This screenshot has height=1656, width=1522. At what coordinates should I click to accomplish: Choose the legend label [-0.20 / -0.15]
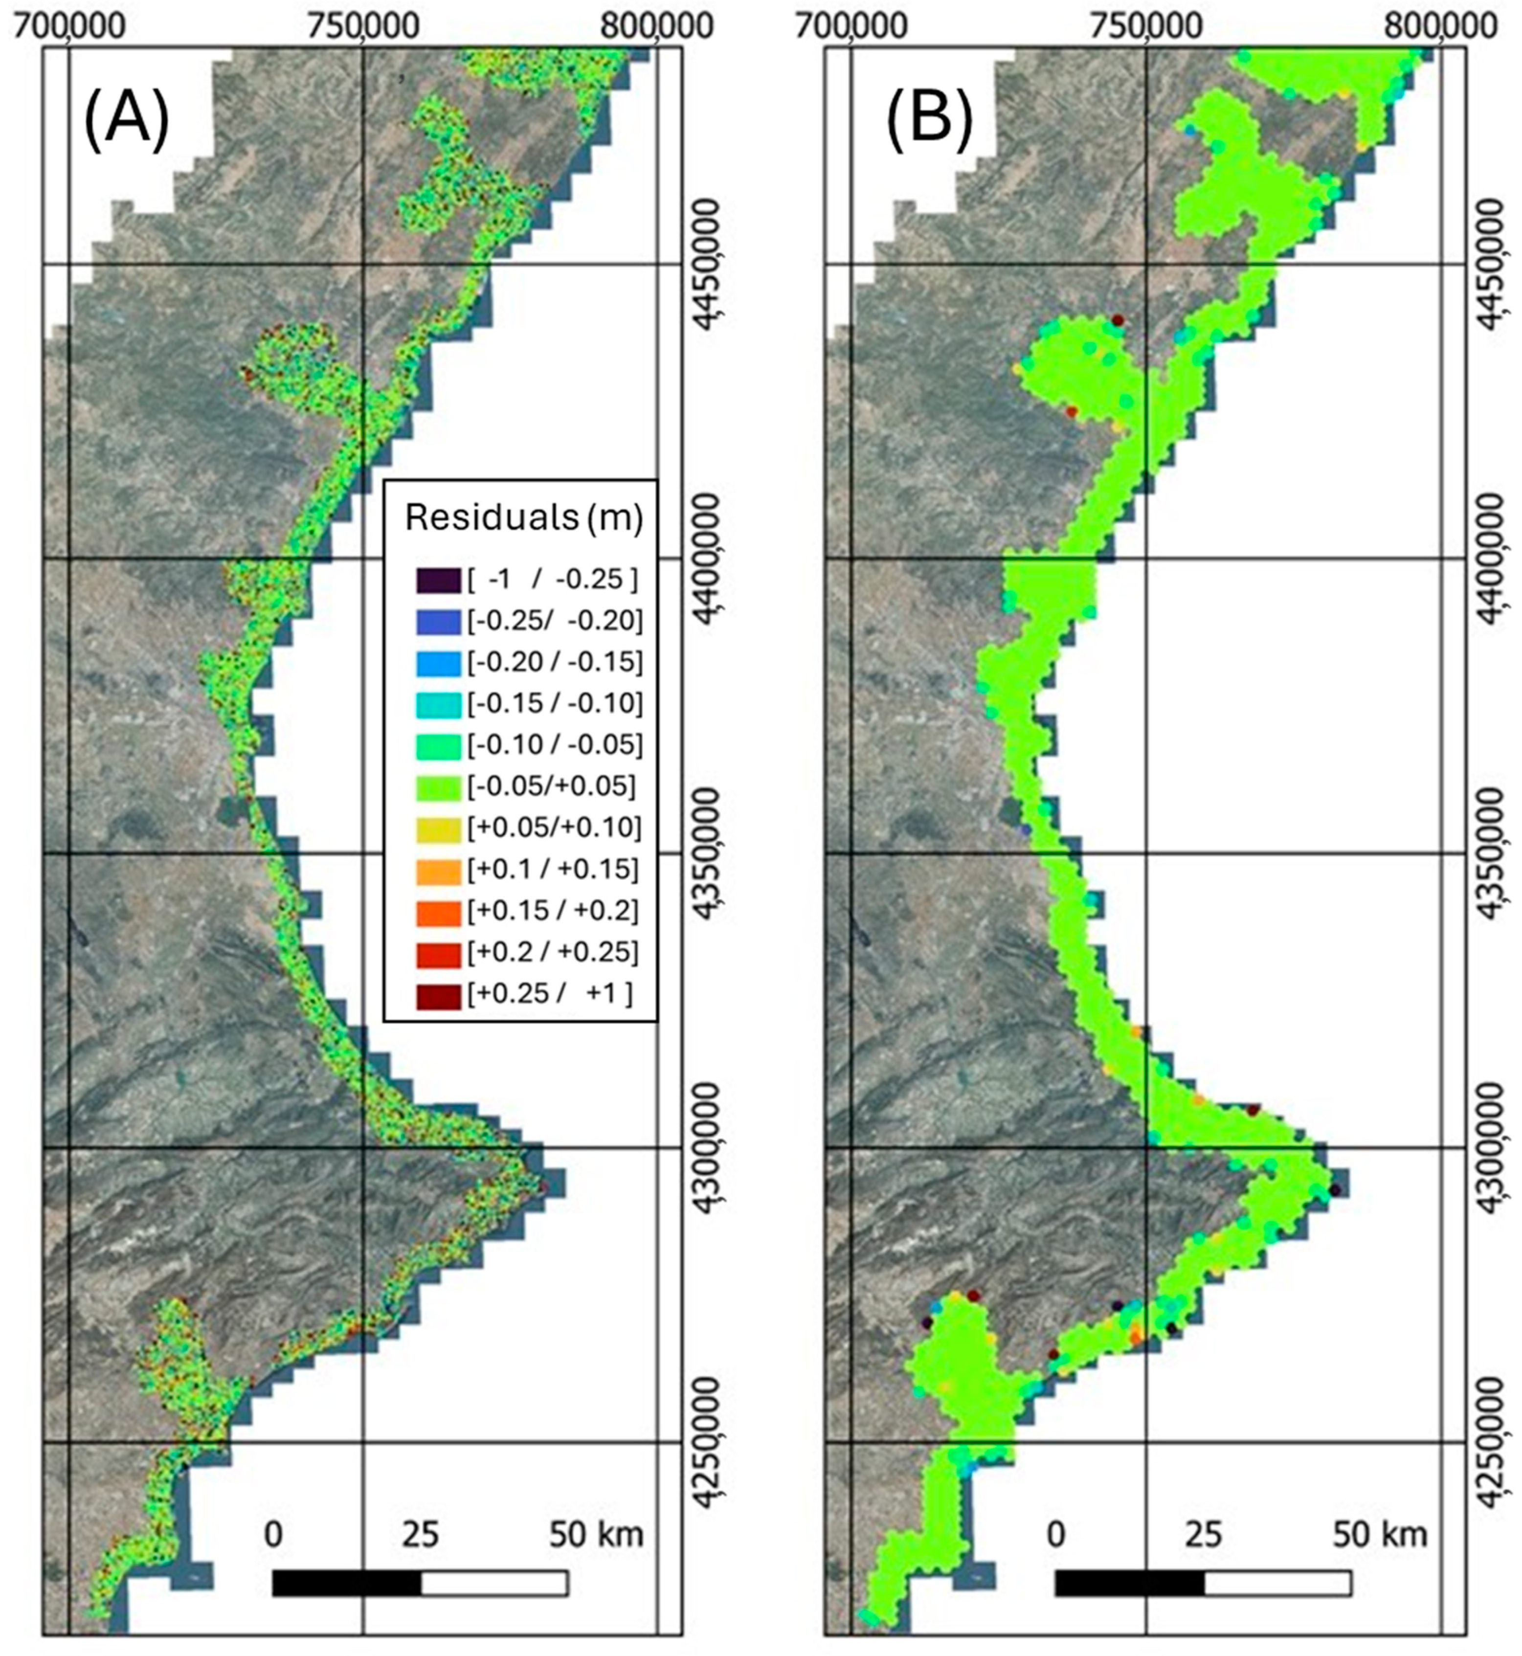tap(554, 662)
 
